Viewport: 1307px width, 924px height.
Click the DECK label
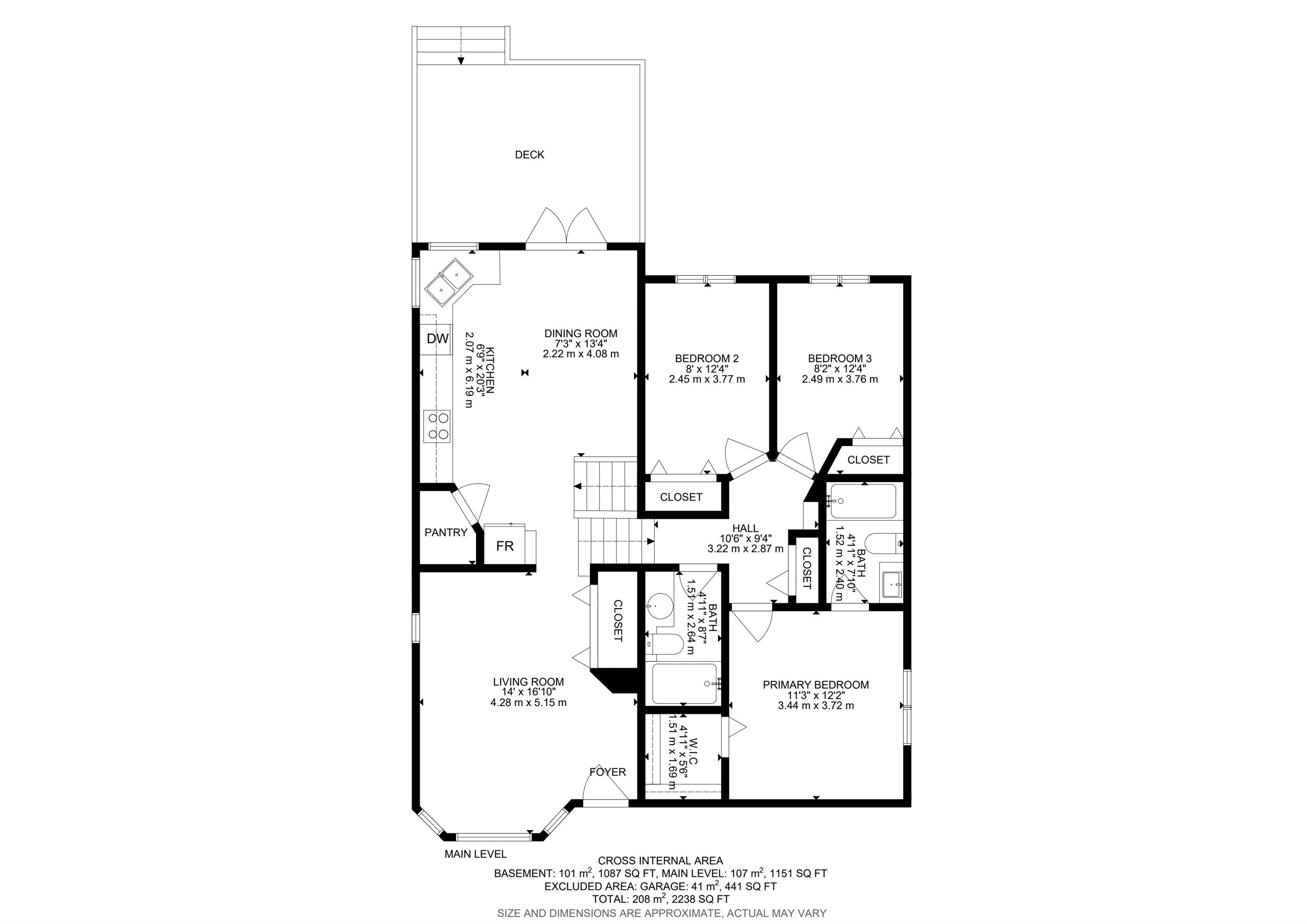point(529,155)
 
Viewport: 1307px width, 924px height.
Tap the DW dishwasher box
point(437,339)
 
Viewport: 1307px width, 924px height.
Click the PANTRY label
point(446,533)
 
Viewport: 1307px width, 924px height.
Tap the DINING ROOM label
point(581,334)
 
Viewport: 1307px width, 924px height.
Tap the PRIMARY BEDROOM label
point(816,685)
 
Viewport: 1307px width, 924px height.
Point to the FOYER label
point(608,772)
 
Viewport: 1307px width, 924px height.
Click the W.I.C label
point(693,752)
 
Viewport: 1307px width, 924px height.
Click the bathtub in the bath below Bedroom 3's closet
point(863,501)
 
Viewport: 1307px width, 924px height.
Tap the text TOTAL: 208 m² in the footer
point(629,899)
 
